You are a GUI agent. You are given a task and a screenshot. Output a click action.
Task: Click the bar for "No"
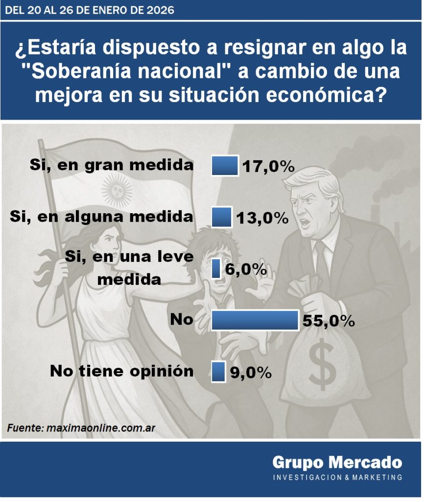click(255, 320)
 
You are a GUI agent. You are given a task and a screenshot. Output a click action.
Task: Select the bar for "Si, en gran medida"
click(225, 166)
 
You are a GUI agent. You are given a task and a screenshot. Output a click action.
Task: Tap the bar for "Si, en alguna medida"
click(221, 217)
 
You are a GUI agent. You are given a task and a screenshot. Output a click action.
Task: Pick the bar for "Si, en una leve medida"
click(215, 269)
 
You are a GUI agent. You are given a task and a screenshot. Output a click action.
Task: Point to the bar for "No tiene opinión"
click(218, 371)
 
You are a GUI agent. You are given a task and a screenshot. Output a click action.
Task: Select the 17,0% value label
click(267, 167)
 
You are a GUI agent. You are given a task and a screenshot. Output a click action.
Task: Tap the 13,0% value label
click(261, 218)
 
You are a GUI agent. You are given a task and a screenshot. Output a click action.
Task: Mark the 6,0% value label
click(246, 269)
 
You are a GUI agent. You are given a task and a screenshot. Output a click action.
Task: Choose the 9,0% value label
click(251, 372)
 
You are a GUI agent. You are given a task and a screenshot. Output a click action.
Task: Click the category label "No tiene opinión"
click(121, 371)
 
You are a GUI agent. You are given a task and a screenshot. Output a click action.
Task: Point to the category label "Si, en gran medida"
click(111, 165)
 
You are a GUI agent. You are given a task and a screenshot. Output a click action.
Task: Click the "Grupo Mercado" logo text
click(337, 462)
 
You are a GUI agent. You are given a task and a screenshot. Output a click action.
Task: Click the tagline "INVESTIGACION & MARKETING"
click(337, 477)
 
